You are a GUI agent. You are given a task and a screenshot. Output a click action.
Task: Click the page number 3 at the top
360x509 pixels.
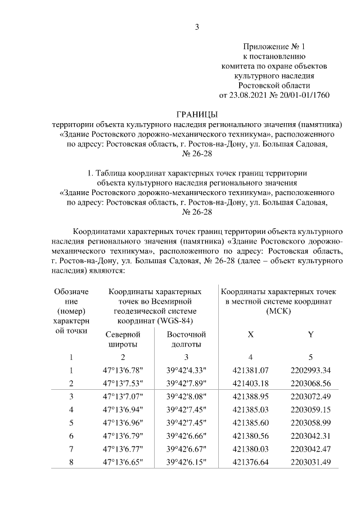tap(197, 27)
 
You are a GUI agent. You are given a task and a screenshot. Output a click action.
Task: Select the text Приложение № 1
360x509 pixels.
tap(273, 47)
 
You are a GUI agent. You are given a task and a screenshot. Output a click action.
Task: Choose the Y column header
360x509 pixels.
tap(310, 335)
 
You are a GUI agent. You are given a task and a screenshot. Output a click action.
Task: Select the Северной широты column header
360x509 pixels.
tap(123, 340)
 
